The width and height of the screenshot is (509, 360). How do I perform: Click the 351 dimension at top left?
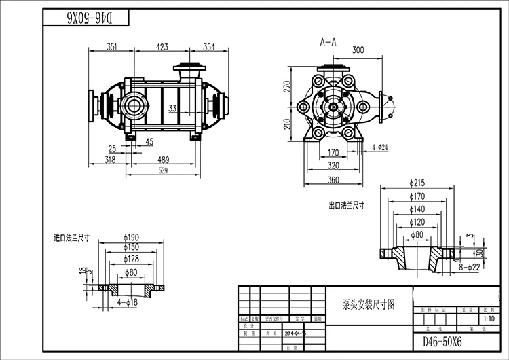tap(112, 47)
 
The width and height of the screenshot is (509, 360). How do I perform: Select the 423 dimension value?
tap(162, 47)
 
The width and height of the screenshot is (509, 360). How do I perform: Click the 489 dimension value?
tap(163, 160)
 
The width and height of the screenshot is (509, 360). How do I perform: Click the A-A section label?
tap(328, 41)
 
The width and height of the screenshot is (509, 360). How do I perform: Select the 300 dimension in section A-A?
tap(358, 50)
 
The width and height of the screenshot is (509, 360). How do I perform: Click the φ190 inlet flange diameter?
tap(131, 237)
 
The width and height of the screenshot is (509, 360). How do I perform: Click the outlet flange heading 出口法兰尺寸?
tap(345, 204)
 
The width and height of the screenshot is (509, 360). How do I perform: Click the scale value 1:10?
tap(487, 318)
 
